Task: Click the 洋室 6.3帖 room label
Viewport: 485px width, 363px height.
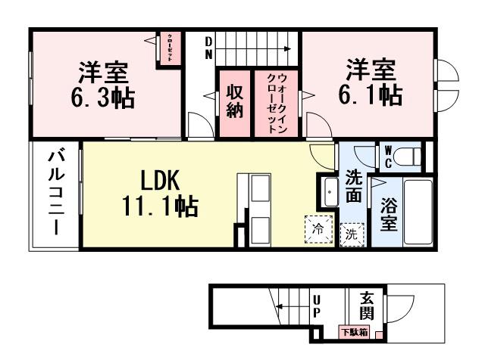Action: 104,85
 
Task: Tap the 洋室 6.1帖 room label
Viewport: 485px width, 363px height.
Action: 371,82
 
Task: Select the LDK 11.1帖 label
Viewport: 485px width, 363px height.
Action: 159,192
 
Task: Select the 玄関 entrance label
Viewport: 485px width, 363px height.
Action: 367,306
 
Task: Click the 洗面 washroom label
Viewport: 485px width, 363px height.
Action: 353,185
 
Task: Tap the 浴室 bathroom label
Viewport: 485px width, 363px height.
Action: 389,213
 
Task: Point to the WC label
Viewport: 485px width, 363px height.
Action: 386,157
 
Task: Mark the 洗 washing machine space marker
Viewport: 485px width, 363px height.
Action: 352,233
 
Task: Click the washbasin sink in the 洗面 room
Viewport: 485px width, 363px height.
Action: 331,193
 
